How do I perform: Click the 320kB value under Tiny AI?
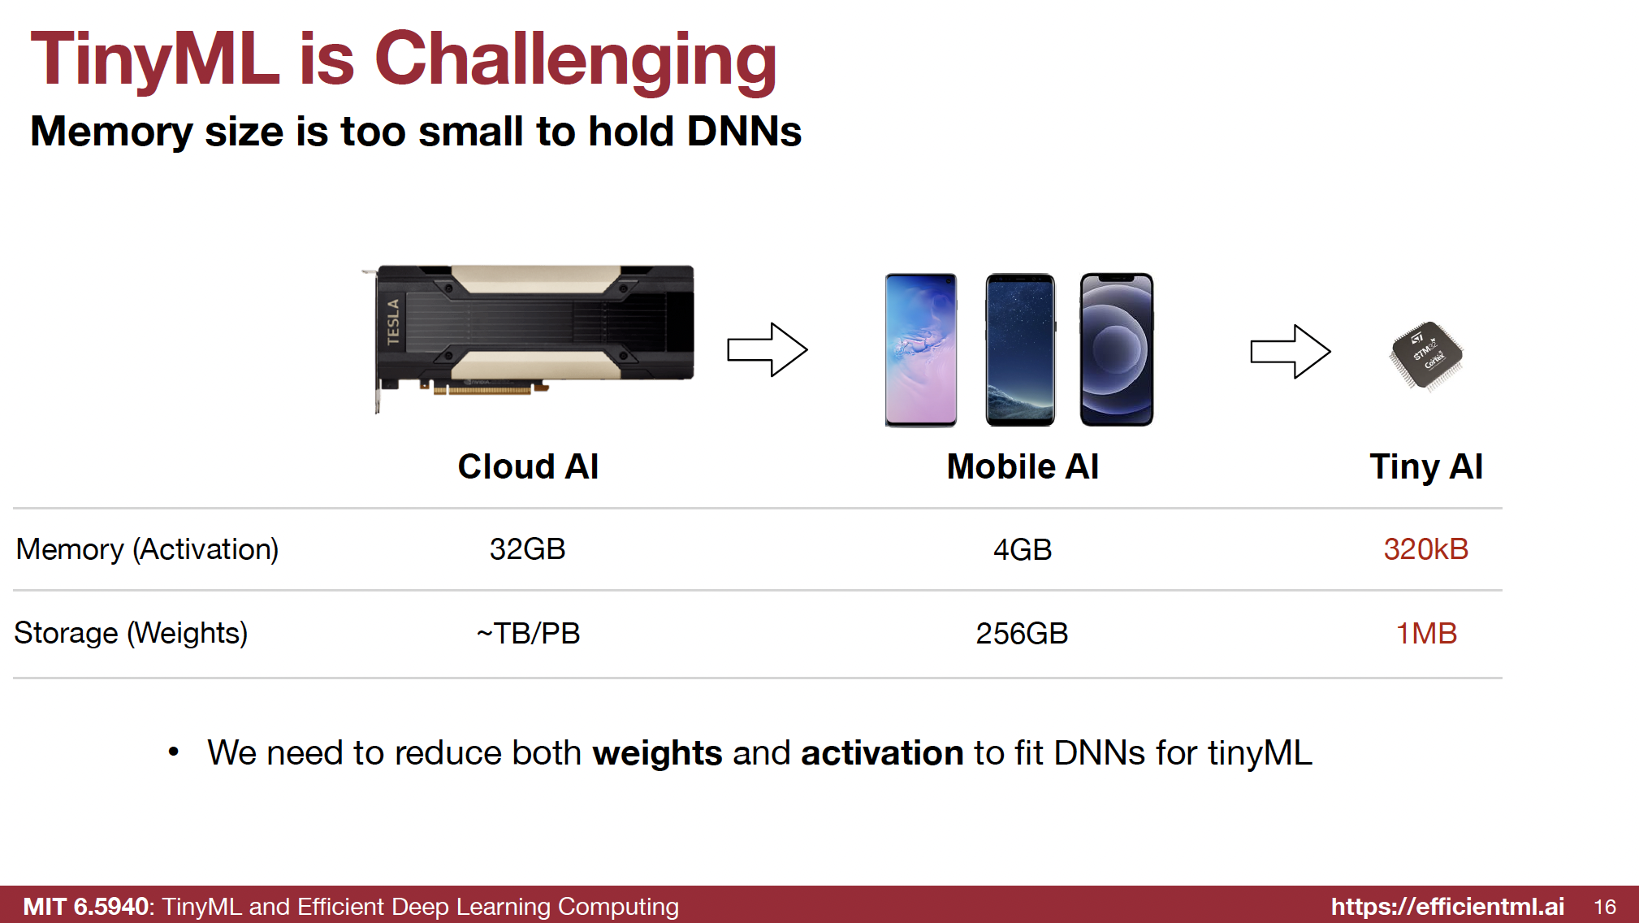(1426, 549)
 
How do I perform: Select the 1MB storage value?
(1426, 633)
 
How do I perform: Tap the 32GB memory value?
(527, 549)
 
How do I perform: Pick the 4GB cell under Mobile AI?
(1023, 550)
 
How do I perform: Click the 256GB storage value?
(1022, 633)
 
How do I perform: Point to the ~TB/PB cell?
(528, 633)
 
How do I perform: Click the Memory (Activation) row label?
(147, 550)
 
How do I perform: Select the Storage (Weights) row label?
(131, 633)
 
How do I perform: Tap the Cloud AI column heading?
(528, 466)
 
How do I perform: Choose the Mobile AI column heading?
(1023, 466)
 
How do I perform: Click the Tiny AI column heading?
(1426, 467)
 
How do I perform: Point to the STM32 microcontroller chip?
(1427, 355)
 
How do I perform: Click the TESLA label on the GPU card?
(394, 321)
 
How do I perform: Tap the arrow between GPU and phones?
(768, 349)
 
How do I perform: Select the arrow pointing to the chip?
(1291, 351)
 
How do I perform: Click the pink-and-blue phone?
(921, 349)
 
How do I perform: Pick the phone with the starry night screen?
(1021, 349)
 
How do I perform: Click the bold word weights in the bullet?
(657, 753)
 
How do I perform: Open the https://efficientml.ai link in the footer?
(1447, 906)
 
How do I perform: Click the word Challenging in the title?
(575, 60)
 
